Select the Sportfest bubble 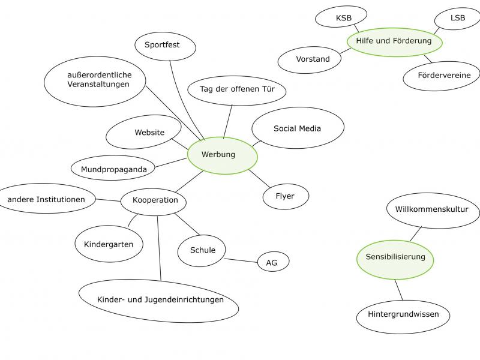(x=162, y=45)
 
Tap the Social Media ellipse (x=298, y=128)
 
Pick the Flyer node (x=286, y=196)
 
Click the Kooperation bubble (x=154, y=200)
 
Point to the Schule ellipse (x=203, y=251)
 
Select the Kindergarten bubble (x=109, y=244)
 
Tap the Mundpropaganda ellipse (x=114, y=169)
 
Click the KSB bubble (x=344, y=19)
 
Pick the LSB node (x=458, y=19)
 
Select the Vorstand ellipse (x=313, y=59)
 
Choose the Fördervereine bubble (x=440, y=76)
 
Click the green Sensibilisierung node (x=395, y=257)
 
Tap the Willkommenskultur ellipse (x=432, y=209)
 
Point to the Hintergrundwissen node (x=403, y=314)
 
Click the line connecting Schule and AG (x=242, y=260)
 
